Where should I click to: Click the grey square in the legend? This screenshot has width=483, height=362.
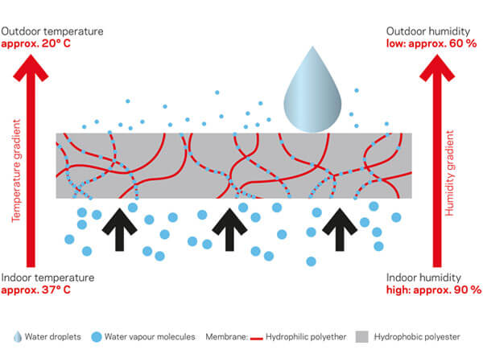pos(361,337)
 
